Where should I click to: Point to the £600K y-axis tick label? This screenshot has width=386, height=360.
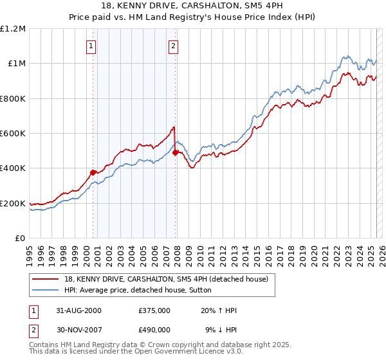tap(13, 134)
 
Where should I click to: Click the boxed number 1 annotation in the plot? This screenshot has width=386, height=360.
tap(91, 46)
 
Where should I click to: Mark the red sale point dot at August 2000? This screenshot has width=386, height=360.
tap(93, 172)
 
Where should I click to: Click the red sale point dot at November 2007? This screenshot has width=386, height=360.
tap(176, 152)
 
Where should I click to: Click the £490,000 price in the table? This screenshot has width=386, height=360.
tap(154, 329)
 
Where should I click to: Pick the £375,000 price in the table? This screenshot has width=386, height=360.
tap(154, 310)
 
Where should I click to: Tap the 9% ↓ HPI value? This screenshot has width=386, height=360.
tap(220, 329)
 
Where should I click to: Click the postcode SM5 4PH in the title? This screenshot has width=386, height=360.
tap(264, 6)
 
